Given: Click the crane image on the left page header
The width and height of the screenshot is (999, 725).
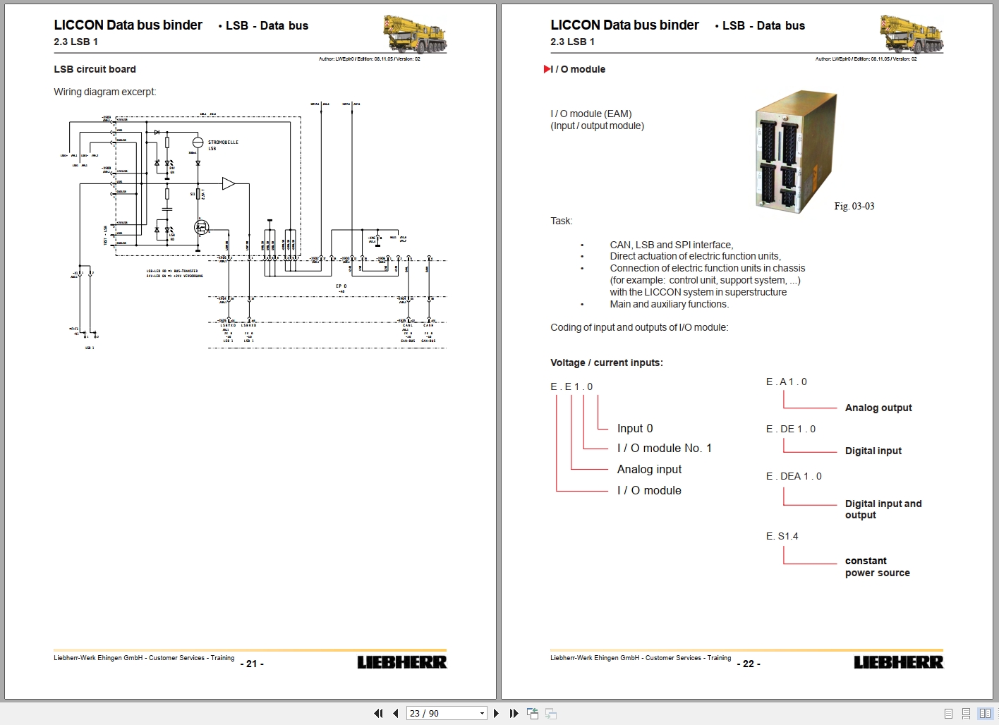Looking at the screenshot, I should (415, 34).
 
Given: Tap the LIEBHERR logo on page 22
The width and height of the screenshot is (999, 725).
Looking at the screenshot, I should (898, 662).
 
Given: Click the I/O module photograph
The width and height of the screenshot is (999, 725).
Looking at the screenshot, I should (796, 152).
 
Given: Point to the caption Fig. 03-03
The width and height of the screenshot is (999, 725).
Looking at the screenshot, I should (854, 206).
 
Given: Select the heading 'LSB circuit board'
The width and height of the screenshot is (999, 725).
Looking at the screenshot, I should (95, 69).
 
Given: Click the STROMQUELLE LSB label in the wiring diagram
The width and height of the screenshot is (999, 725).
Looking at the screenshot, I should (223, 145).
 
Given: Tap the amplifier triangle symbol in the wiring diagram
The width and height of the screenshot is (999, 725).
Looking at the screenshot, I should (228, 184).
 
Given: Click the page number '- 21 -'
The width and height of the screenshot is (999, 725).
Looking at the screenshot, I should (252, 664).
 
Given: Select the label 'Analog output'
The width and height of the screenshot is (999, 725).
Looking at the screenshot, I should (878, 408).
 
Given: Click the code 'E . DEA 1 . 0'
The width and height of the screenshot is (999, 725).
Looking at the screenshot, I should (794, 476).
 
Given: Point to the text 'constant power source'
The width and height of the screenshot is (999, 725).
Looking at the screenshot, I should (877, 567).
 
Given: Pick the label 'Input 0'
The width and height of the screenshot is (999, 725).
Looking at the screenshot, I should (635, 428).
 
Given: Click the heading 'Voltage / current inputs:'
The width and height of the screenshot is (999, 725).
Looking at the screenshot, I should (607, 362).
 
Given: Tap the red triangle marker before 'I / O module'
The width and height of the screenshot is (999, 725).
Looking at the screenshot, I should (547, 69).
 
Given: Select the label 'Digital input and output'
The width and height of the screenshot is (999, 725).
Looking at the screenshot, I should (883, 509).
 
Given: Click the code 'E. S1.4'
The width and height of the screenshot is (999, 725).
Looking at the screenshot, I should (782, 536).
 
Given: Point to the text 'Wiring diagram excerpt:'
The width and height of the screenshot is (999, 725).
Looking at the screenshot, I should (105, 92).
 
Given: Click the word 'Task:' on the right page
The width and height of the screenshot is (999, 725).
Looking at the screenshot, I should (562, 221).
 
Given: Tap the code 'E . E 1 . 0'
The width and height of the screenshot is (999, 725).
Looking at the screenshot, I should (571, 386).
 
